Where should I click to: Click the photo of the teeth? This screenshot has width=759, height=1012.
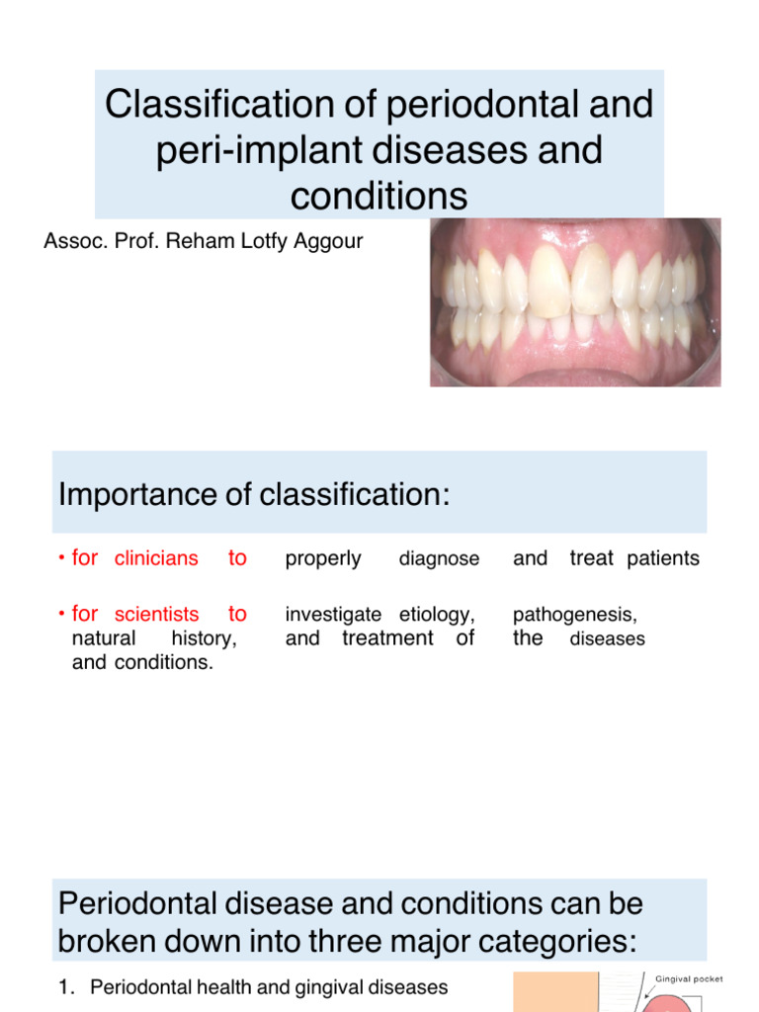(575, 301)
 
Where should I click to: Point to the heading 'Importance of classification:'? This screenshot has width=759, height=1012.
(254, 494)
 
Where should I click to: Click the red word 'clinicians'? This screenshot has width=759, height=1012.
(156, 559)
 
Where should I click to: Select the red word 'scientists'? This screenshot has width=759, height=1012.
(156, 616)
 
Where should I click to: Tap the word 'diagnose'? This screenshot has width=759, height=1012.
(439, 559)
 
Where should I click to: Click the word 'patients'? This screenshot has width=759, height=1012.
(662, 558)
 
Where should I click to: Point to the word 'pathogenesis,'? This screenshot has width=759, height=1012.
(575, 616)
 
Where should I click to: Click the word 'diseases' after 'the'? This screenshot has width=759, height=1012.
(608, 639)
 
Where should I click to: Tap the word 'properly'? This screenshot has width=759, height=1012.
(323, 559)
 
